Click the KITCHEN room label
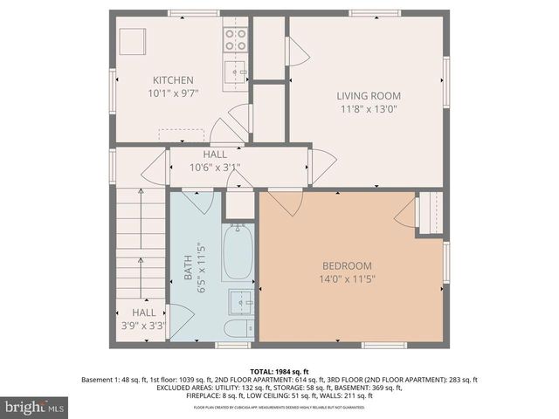tap(173, 79)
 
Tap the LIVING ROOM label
tap(369, 96)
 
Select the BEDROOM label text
tap(348, 266)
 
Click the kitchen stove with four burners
tap(236, 38)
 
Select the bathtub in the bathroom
tap(238, 251)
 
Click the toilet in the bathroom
tap(238, 328)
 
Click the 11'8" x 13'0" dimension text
tap(369, 109)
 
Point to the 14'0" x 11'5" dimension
tap(348, 279)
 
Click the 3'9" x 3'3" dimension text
tap(144, 326)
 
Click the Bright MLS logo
tap(35, 407)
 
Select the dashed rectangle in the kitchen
tap(182, 135)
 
